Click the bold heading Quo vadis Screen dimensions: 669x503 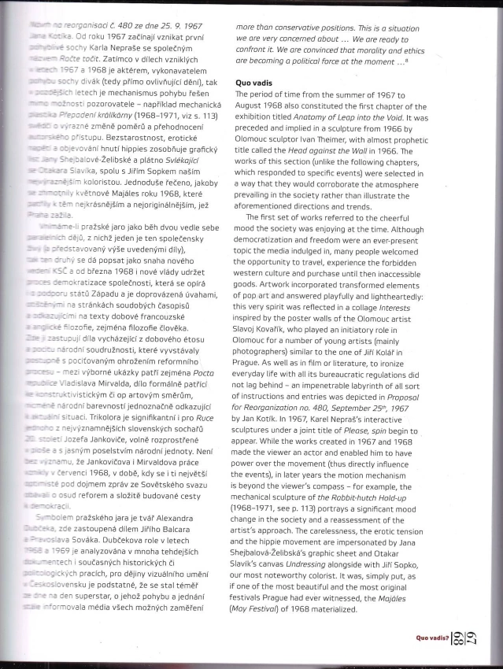[x=257, y=82]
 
